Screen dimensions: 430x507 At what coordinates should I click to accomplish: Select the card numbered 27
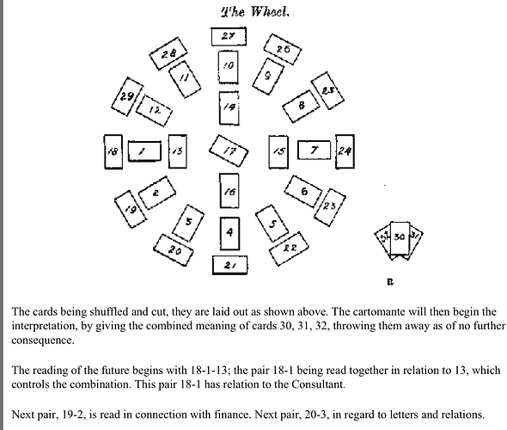(229, 37)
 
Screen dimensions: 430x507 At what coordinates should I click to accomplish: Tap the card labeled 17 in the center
(229, 151)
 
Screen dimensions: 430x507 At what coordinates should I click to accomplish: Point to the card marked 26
(283, 50)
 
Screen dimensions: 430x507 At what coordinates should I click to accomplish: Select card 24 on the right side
(345, 151)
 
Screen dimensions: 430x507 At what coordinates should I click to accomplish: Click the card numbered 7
(315, 150)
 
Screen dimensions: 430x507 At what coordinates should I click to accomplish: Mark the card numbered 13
(177, 151)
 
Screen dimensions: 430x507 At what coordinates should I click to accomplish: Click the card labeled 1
(144, 151)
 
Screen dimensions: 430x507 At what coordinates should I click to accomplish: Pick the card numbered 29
(126, 97)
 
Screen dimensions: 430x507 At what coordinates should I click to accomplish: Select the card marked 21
(229, 265)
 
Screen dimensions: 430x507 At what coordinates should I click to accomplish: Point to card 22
(290, 249)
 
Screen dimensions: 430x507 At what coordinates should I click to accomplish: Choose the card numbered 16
(229, 193)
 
